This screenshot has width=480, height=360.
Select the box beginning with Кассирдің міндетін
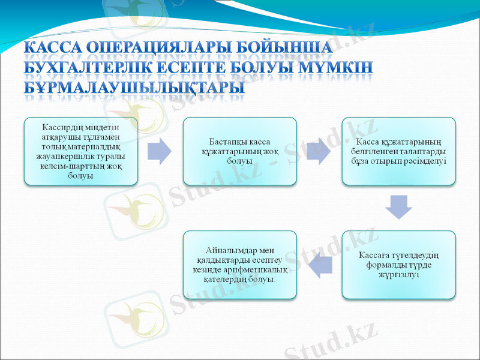point(81,151)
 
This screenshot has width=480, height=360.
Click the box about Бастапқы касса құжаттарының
point(240,151)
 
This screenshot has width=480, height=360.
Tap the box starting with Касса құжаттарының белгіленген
point(398,151)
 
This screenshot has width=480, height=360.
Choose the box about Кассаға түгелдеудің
point(398,265)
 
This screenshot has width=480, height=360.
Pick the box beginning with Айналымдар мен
point(240,265)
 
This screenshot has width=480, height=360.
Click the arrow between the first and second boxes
point(160,151)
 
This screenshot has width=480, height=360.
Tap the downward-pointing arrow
point(398,207)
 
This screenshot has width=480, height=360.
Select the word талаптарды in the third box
point(422,151)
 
